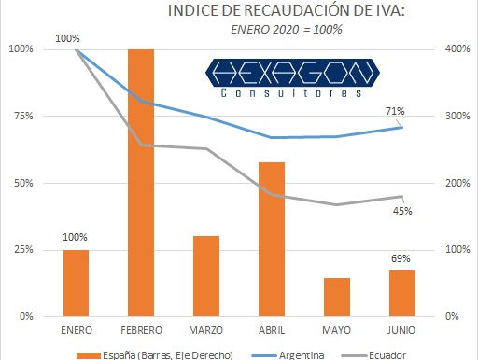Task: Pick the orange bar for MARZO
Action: point(206,276)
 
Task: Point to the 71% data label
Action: point(395,112)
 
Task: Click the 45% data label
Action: point(402,211)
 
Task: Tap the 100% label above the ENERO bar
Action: point(76,237)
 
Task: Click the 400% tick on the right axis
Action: point(455,48)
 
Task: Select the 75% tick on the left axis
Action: point(20,116)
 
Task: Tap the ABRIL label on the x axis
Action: point(272,330)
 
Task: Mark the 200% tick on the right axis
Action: point(455,183)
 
